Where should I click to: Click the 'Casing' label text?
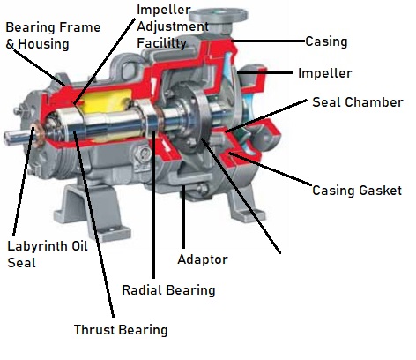tap(326, 41)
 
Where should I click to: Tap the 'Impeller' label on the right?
tap(325, 73)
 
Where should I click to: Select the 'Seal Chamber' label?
tap(358, 102)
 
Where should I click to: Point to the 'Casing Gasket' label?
tap(357, 191)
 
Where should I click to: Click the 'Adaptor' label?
tap(203, 259)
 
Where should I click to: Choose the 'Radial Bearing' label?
tap(168, 290)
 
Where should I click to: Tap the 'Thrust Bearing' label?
tap(121, 330)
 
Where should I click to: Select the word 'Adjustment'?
tap(173, 26)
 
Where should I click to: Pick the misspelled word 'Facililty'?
tap(161, 43)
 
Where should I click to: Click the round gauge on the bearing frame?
tap(144, 154)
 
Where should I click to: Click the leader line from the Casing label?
tap(268, 41)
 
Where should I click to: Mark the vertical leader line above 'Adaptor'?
tap(183, 217)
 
